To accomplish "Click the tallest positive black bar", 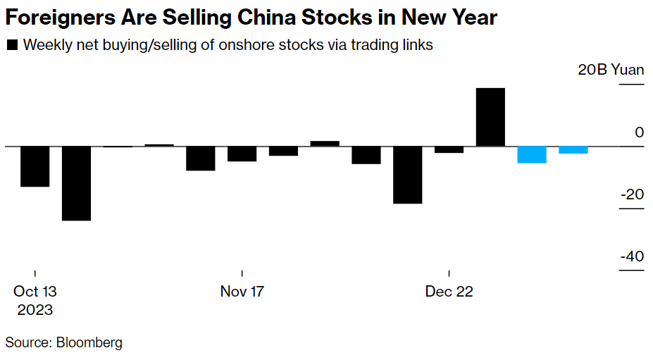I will pyautogui.click(x=490, y=117).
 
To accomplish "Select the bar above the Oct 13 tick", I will pyautogui.click(x=35, y=166).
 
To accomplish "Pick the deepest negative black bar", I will pyautogui.click(x=76, y=183).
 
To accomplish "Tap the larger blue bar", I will pyautogui.click(x=532, y=154).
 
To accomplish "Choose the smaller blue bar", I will pyautogui.click(x=573, y=149).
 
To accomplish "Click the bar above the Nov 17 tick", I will pyautogui.click(x=242, y=154).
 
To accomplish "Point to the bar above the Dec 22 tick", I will pyautogui.click(x=449, y=149).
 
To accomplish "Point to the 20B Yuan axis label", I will pyautogui.click(x=611, y=70).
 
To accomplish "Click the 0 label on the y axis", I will pyautogui.click(x=639, y=132).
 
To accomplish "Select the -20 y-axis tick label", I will pyautogui.click(x=632, y=194).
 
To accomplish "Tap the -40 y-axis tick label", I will pyautogui.click(x=632, y=256).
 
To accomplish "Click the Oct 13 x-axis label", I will pyautogui.click(x=35, y=292).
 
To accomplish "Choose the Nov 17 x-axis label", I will pyautogui.click(x=242, y=292).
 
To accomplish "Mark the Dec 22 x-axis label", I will pyautogui.click(x=449, y=292).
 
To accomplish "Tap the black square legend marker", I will pyautogui.click(x=12, y=46).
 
